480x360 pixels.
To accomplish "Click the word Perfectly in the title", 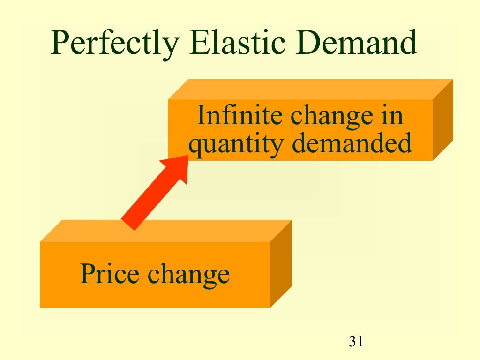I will click(115, 44).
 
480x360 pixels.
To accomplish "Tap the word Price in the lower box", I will click(110, 274).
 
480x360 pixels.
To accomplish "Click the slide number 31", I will click(356, 341).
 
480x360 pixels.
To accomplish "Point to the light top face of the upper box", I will click(309, 89).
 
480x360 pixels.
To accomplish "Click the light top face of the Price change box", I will click(164, 231).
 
